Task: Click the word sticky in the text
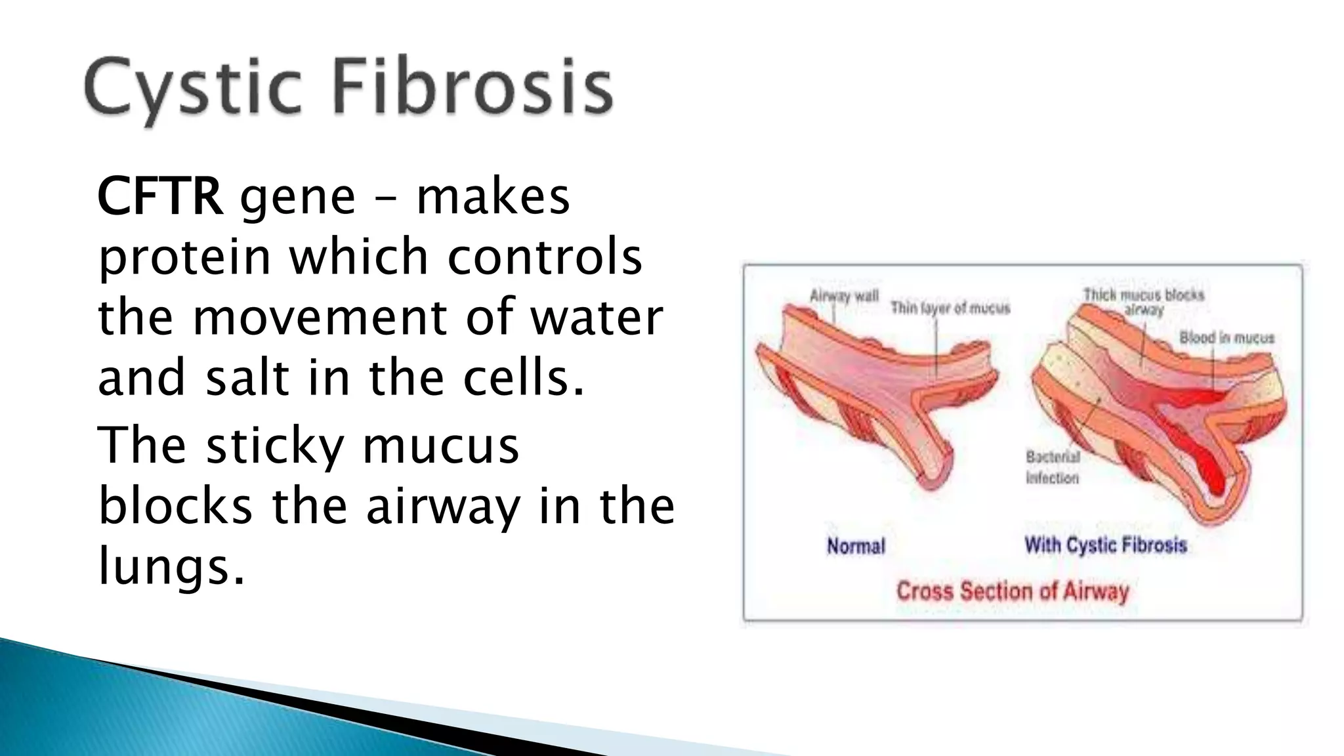click(275, 446)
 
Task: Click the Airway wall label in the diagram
click(844, 296)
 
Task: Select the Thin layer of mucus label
click(950, 308)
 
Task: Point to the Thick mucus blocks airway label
click(1143, 302)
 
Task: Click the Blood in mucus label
click(1227, 338)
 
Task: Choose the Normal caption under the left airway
click(856, 546)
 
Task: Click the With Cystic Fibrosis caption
click(1106, 545)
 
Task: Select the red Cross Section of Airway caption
click(1012, 591)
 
